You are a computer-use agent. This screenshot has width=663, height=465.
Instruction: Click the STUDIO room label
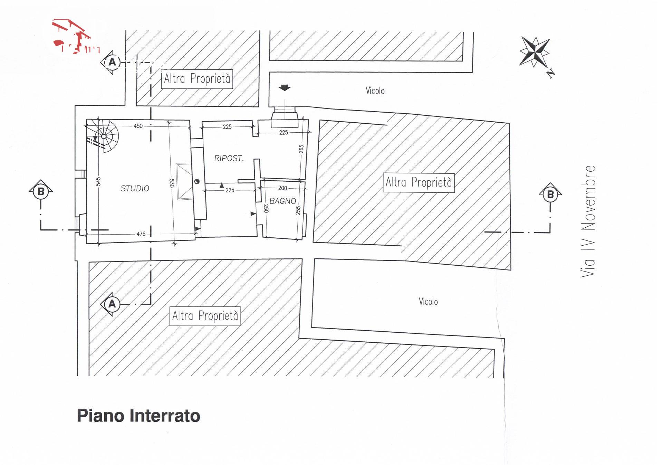pyautogui.click(x=135, y=188)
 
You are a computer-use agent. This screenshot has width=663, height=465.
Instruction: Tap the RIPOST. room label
pyautogui.click(x=229, y=158)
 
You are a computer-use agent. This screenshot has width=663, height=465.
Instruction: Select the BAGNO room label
pyautogui.click(x=282, y=201)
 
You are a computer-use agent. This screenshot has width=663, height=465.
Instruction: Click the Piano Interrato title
pyautogui.click(x=138, y=416)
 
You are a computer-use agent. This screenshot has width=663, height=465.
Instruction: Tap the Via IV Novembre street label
pyautogui.click(x=588, y=221)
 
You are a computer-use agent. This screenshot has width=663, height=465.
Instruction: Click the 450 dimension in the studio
pyautogui.click(x=138, y=126)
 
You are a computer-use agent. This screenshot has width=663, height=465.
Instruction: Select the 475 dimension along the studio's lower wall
pyautogui.click(x=141, y=234)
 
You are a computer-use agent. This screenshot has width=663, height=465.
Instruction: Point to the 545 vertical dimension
pyautogui.click(x=98, y=181)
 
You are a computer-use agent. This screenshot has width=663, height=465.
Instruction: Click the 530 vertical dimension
pyautogui.click(x=172, y=183)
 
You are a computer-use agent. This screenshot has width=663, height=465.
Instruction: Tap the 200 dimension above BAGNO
pyautogui.click(x=282, y=188)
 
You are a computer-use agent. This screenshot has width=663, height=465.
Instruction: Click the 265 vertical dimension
pyautogui.click(x=301, y=149)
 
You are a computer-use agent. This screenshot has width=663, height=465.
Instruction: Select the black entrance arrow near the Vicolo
pyautogui.click(x=285, y=88)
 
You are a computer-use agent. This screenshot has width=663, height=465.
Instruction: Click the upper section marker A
pyautogui.click(x=112, y=62)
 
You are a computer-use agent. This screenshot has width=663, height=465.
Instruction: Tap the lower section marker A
pyautogui.click(x=112, y=304)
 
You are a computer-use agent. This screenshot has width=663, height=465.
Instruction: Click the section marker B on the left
pyautogui.click(x=41, y=191)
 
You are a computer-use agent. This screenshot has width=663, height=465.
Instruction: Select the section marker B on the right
pyautogui.click(x=550, y=194)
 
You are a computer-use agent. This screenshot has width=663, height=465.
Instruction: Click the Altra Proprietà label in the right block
pyautogui.click(x=419, y=182)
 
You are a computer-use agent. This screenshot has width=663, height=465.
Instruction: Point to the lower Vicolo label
pyautogui.click(x=428, y=302)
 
